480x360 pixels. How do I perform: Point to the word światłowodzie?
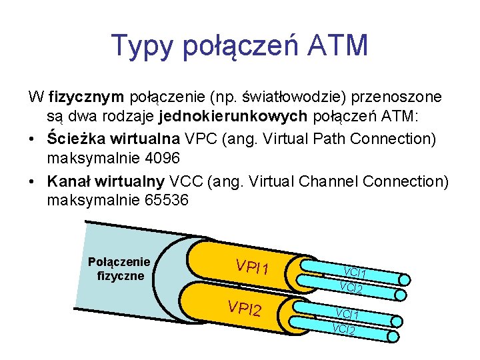click(x=283, y=97)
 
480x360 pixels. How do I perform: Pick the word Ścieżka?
click(x=72, y=139)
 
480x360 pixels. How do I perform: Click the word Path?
click(x=331, y=139)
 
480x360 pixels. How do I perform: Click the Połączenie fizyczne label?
click(x=119, y=268)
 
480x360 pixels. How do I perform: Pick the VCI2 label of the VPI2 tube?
click(x=343, y=329)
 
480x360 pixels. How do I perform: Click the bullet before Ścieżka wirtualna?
click(x=33, y=140)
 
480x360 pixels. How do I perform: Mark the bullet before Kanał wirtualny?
click(x=33, y=181)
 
